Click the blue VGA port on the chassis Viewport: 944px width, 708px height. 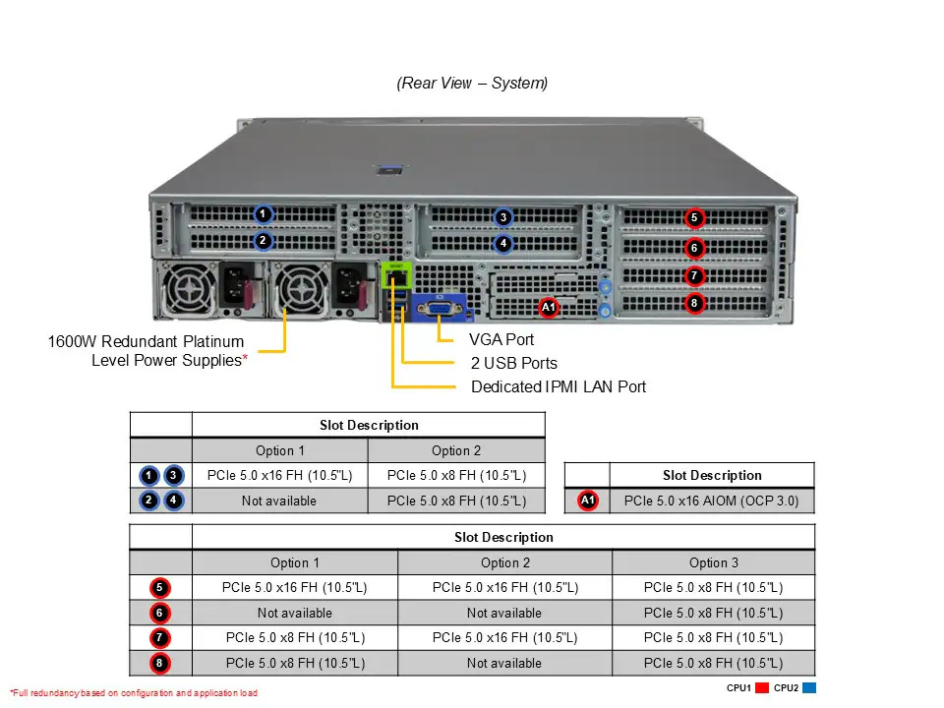point(440,309)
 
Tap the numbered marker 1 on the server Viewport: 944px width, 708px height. point(263,213)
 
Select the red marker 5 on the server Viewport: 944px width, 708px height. point(694,217)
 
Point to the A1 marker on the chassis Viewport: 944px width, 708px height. point(549,308)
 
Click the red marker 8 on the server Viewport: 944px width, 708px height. point(694,303)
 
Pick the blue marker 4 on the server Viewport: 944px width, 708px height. point(502,243)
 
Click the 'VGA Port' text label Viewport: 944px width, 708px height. point(501,339)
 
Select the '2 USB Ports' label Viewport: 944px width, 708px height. point(513,363)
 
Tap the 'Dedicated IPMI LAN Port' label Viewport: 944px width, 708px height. point(559,386)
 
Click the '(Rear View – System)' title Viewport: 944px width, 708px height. point(472,83)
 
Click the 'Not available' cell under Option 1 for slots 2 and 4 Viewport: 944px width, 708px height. point(279,501)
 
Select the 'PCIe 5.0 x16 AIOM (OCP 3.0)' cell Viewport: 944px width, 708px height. point(712,501)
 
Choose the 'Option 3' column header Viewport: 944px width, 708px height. point(713,562)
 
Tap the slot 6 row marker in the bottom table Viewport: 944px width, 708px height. point(159,613)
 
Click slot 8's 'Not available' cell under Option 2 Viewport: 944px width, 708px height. point(504,663)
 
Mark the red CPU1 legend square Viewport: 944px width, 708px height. point(761,688)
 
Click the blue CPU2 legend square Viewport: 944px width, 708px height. point(808,688)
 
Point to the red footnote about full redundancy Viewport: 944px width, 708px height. point(134,693)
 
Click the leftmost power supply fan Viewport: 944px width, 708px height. point(186,292)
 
